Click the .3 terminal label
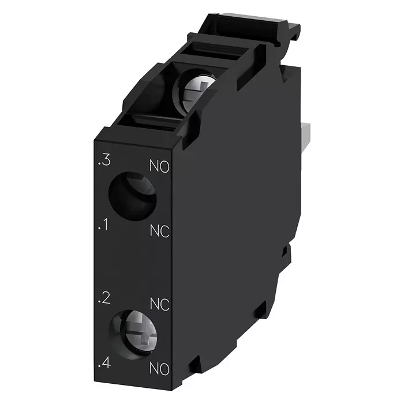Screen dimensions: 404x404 [x=104, y=160]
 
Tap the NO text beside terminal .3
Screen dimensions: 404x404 [x=159, y=166]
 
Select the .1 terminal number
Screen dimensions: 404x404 [x=103, y=225]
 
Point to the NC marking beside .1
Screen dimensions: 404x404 [x=160, y=231]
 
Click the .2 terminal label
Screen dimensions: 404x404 [x=104, y=298]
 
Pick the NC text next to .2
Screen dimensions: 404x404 [x=160, y=304]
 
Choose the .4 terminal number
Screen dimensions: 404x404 [x=104, y=363]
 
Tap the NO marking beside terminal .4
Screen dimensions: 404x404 [x=159, y=369]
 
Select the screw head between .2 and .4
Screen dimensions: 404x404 [x=139, y=333]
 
